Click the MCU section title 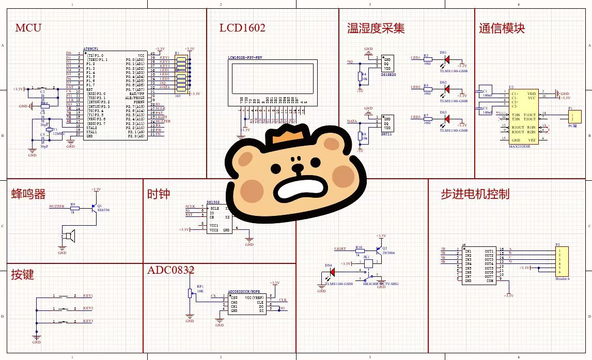[28, 27]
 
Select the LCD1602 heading [242, 27]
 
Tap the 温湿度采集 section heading [376, 28]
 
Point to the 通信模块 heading [502, 28]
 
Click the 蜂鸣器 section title [28, 194]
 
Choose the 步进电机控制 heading [475, 194]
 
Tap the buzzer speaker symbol [70, 236]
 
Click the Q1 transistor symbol [95, 207]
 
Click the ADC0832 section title [170, 270]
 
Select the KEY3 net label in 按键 [88, 321]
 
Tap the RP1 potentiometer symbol [190, 293]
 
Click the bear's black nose [297, 167]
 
